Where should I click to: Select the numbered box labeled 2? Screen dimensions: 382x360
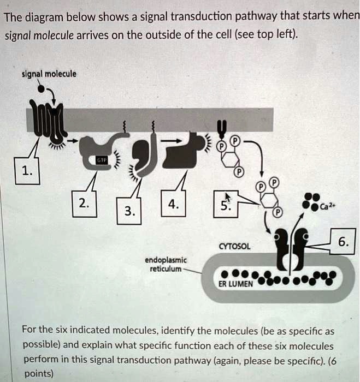click(x=82, y=204)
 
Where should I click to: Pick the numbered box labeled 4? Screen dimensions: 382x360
click(x=173, y=204)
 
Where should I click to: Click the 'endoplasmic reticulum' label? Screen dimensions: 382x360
click(x=166, y=264)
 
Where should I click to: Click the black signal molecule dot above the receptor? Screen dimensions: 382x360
click(x=40, y=86)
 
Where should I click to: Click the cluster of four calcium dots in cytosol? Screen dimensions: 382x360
click(x=312, y=201)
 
